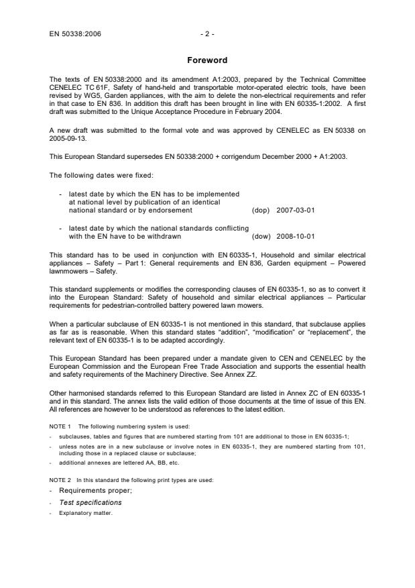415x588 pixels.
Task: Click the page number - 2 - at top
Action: pos(207,32)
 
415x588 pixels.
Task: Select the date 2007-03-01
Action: pos(296,210)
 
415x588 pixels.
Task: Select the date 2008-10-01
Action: pos(296,236)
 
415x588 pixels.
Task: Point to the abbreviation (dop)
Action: pos(260,210)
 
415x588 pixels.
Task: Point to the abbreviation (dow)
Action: pos(260,236)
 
